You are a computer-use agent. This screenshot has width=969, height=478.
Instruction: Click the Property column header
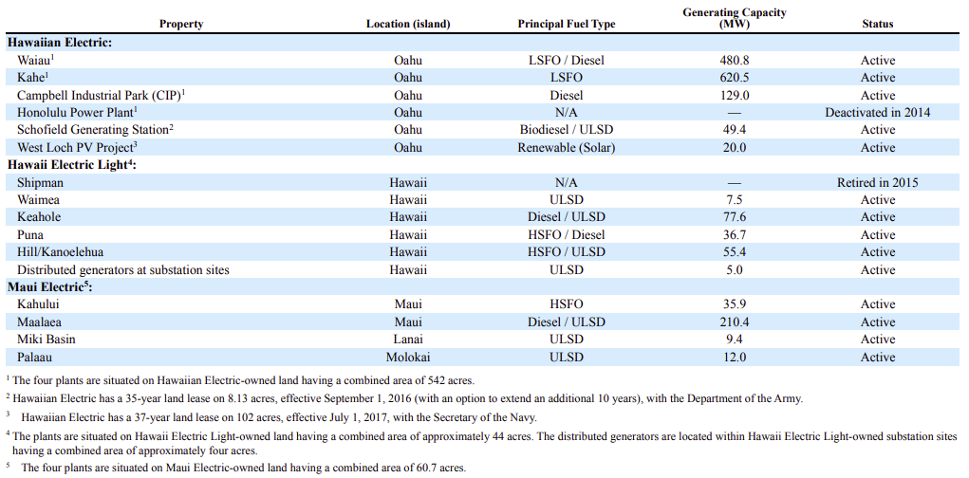(181, 24)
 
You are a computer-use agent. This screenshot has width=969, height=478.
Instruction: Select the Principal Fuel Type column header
(567, 24)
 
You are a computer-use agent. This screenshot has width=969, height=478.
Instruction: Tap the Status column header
(878, 24)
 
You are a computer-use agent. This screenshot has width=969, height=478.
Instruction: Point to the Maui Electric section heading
(49, 287)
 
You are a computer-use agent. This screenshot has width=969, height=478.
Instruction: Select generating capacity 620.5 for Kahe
(735, 78)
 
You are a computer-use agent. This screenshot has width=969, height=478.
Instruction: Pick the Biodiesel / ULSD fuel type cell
(567, 130)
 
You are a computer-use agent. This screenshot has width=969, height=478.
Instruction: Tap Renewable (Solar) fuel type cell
(567, 148)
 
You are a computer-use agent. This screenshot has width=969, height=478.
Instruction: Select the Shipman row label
(40, 183)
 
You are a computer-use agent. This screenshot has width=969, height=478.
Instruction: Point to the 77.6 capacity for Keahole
(735, 217)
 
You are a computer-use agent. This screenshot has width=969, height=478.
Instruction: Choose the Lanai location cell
(408, 339)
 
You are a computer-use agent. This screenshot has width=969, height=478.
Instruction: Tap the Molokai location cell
(408, 357)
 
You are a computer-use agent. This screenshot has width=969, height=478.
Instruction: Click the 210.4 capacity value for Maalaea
(735, 322)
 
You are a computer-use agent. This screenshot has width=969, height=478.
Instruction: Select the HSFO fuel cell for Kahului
(567, 304)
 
